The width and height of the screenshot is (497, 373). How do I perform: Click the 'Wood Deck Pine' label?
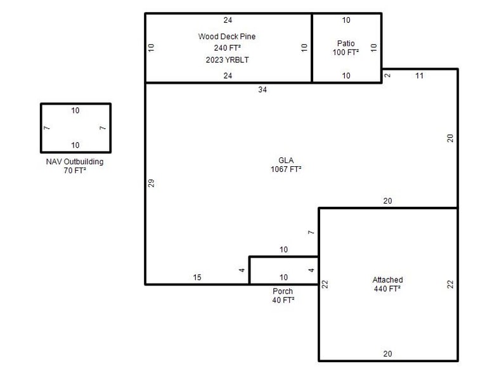click(x=227, y=37)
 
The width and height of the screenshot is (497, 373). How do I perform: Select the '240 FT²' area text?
click(x=227, y=48)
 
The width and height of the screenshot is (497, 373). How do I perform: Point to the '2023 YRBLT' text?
click(x=227, y=60)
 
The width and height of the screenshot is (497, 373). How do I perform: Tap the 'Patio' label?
click(x=346, y=43)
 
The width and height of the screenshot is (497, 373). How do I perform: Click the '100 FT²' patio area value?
click(x=346, y=52)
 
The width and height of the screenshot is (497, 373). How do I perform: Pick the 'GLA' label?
click(x=287, y=160)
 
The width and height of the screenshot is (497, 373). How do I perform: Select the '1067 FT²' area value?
click(x=287, y=169)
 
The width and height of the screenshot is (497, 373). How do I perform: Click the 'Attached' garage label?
click(x=387, y=280)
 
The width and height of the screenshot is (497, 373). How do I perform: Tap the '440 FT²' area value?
click(x=387, y=289)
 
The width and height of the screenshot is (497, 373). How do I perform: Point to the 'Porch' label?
click(x=283, y=292)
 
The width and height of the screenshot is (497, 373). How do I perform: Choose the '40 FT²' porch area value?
click(x=283, y=301)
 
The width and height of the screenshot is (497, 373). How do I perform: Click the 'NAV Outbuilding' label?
click(x=75, y=162)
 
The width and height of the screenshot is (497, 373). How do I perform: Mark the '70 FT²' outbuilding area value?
click(x=75, y=171)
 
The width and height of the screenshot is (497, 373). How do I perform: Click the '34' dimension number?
click(x=262, y=90)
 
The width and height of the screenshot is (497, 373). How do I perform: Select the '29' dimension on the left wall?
click(x=152, y=183)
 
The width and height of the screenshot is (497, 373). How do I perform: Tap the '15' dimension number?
click(x=197, y=277)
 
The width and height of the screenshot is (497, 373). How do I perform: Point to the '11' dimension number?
click(x=419, y=76)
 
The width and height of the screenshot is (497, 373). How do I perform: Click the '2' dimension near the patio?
click(x=387, y=76)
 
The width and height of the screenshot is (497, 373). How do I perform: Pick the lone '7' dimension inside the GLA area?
click(x=311, y=233)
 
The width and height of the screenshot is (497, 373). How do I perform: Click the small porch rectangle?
click(x=283, y=270)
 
